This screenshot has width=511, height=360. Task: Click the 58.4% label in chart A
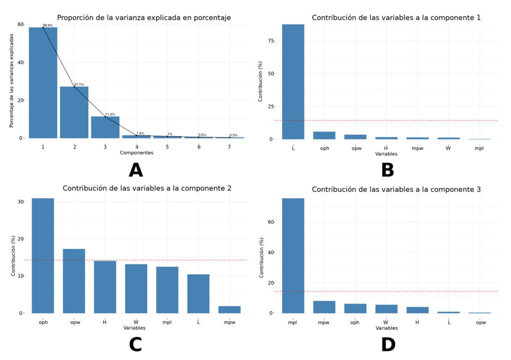(x=47, y=25)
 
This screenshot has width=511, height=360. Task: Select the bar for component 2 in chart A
(x=74, y=112)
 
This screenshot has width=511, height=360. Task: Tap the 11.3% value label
(x=110, y=114)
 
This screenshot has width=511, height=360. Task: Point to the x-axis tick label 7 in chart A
(x=230, y=147)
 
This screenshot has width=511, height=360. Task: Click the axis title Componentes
(x=136, y=152)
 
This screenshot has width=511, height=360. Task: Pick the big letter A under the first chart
(x=136, y=170)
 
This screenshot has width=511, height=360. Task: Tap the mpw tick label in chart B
(x=417, y=148)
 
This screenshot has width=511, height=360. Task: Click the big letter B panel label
(x=388, y=170)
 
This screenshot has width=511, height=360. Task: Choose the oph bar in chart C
(x=43, y=256)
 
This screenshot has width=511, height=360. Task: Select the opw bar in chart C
(x=74, y=281)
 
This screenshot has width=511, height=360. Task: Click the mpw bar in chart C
(x=230, y=310)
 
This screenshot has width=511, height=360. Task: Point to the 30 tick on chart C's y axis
(x=20, y=202)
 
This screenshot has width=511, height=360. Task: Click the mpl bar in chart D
(x=293, y=256)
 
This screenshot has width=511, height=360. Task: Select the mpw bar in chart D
(x=324, y=307)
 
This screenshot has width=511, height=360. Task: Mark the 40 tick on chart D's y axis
(x=271, y=253)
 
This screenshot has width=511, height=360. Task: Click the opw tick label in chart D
(x=479, y=323)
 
